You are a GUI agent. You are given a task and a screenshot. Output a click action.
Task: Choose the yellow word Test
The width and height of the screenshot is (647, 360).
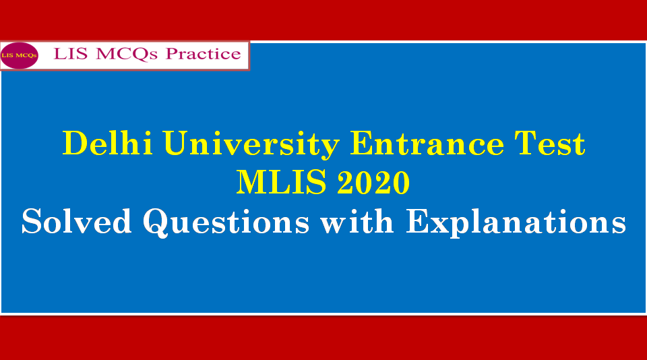point(550,144)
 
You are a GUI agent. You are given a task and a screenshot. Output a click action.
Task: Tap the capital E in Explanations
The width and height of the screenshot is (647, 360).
point(419,222)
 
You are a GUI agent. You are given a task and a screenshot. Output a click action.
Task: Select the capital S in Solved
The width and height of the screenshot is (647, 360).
point(33,222)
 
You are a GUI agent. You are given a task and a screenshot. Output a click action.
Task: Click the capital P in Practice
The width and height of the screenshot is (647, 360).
point(173,54)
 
